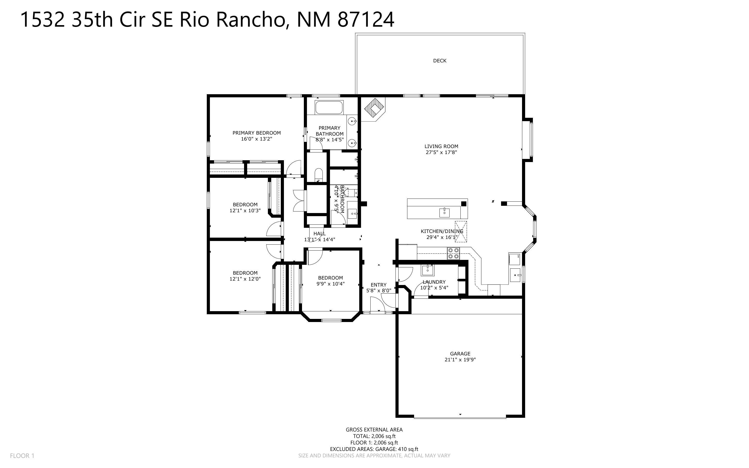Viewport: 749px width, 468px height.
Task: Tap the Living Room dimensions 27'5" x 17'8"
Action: tap(441, 152)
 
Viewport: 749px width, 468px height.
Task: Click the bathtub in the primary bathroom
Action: tap(329, 107)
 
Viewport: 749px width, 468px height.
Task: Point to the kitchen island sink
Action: tap(444, 213)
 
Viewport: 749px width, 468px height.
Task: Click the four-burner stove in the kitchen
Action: tap(453, 253)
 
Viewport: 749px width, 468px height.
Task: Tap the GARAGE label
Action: tap(460, 354)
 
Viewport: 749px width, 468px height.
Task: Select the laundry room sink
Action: tap(428, 270)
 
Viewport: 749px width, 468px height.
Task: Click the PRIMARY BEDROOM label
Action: tap(256, 133)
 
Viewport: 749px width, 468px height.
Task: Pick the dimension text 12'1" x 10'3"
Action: tap(245, 211)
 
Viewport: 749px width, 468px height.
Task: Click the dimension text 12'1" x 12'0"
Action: tap(245, 279)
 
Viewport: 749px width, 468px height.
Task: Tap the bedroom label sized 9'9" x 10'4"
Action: tap(331, 278)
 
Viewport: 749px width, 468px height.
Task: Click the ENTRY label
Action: tap(378, 285)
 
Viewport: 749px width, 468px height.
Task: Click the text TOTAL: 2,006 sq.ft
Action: tap(374, 436)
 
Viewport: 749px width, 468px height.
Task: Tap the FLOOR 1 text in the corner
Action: tap(22, 456)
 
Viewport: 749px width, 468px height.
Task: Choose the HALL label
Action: tap(319, 234)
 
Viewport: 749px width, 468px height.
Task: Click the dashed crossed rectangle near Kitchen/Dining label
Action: tap(461, 231)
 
